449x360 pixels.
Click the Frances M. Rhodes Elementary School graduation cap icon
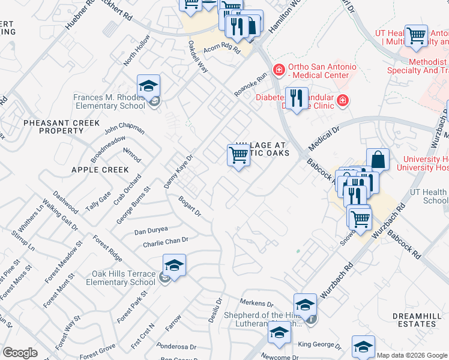pos(148,86)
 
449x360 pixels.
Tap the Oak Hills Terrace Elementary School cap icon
pos(173,265)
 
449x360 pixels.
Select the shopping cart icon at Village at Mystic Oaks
pos(239,155)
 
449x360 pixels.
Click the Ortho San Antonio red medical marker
pos(279,70)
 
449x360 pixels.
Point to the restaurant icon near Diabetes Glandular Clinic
pos(295,98)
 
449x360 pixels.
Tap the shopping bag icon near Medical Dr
pos(378,160)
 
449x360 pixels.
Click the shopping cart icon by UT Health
pos(416,35)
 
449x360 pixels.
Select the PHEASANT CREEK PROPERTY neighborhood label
pos(61,127)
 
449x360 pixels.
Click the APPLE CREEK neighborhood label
pos(100,170)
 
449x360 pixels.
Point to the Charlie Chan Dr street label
pos(166,242)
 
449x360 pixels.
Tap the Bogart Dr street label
pos(189,206)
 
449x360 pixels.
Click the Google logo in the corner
pos(20,353)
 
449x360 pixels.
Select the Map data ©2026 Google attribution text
pos(412,355)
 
